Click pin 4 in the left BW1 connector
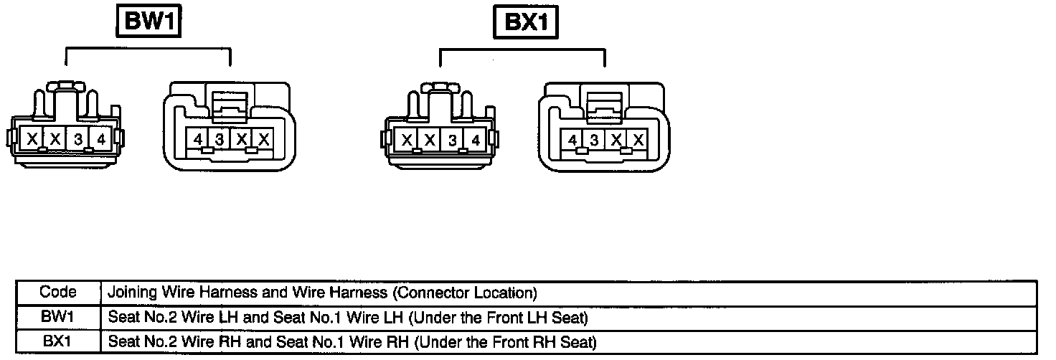101,139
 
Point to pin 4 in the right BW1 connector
197,139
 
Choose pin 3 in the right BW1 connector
220,139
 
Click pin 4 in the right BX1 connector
572,140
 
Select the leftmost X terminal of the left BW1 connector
33,139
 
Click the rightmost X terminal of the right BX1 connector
638,140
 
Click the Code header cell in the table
58,293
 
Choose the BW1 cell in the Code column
58,316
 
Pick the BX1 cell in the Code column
58,341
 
